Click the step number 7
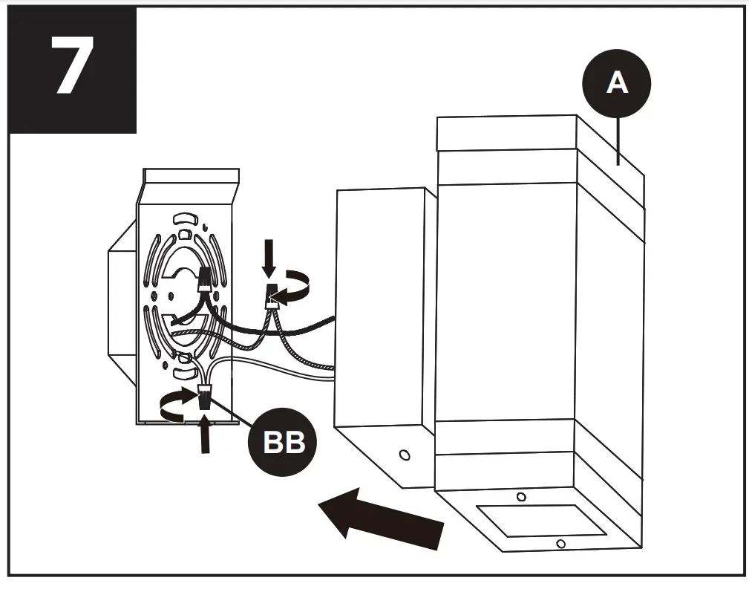(72, 68)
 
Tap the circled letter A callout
(616, 84)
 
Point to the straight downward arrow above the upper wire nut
(269, 260)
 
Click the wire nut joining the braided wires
(272, 296)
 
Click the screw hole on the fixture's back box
(405, 454)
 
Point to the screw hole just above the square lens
(521, 496)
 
